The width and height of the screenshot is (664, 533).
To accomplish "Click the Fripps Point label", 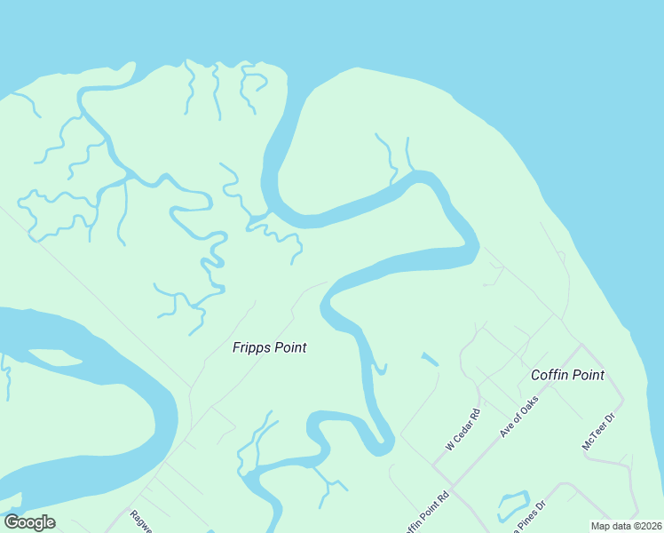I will pyautogui.click(x=269, y=347).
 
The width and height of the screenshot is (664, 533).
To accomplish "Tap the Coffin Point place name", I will pyautogui.click(x=567, y=375).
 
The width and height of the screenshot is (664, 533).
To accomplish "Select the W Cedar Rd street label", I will pyautogui.click(x=462, y=429).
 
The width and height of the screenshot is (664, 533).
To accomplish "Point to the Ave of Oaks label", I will pyautogui.click(x=519, y=417).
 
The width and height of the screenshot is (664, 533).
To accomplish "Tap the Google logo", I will pyautogui.click(x=29, y=522).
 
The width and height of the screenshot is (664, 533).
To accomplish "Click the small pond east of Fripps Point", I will pyautogui.click(x=430, y=360).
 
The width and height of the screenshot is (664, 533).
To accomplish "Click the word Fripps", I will pyautogui.click(x=251, y=347).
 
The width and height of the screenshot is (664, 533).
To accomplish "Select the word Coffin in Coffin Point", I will pyautogui.click(x=549, y=375).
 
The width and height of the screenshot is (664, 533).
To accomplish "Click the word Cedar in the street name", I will pyautogui.click(x=465, y=426).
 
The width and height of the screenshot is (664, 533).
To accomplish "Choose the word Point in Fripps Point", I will pyautogui.click(x=289, y=347).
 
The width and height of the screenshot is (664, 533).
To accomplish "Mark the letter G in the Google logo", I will pyautogui.click(x=12, y=522).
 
